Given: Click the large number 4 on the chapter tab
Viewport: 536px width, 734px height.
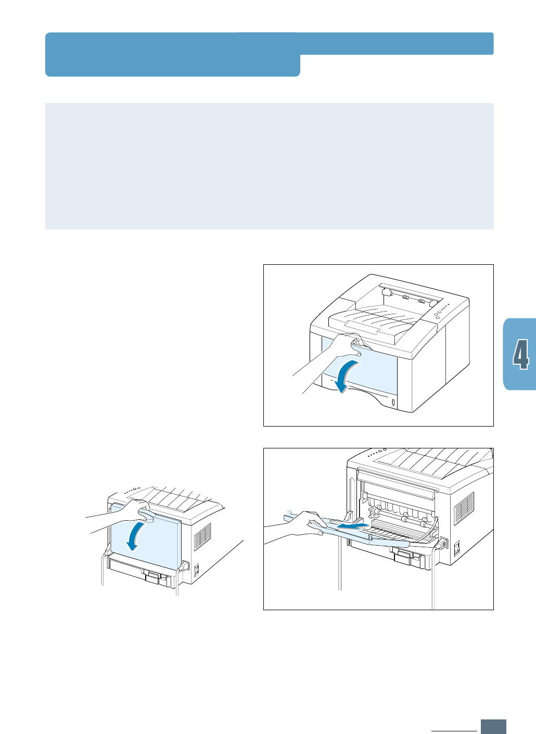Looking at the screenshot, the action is (x=521, y=354).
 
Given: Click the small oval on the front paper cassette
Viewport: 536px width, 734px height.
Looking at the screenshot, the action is (x=393, y=403).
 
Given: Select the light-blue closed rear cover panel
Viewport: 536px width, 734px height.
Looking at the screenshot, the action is (x=156, y=541).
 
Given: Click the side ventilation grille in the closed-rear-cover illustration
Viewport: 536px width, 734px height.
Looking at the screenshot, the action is (x=202, y=536).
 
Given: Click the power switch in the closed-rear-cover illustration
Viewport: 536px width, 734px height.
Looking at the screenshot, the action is (x=197, y=569).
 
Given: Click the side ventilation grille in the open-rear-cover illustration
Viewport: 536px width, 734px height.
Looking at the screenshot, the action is (x=464, y=508).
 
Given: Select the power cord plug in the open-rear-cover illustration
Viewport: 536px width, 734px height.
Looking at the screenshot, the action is (x=443, y=544).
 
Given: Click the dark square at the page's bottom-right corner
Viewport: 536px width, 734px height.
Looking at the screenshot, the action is (x=493, y=727).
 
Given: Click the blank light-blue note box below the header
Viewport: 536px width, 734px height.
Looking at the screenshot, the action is (x=269, y=166).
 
